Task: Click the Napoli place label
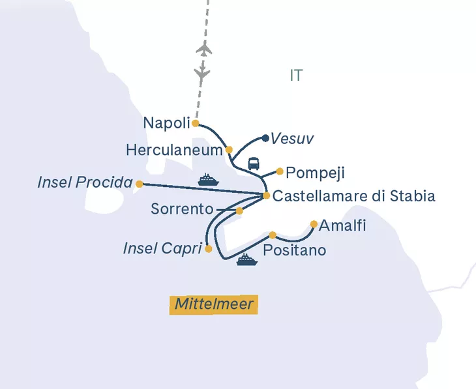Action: point(166,123)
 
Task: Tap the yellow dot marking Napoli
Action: point(195,123)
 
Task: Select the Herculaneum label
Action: point(174,150)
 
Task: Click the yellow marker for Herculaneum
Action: point(229,150)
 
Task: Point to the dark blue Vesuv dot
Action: point(265,138)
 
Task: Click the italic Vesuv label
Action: point(292,139)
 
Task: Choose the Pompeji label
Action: point(315,173)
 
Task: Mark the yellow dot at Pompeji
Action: point(280,172)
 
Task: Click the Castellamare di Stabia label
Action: point(353,196)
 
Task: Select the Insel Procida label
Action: point(85,183)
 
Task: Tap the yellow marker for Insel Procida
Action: point(139,184)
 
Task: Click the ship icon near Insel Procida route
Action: point(207,180)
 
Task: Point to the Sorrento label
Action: point(182,209)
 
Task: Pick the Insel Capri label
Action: point(162,248)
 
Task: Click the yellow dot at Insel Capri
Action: point(208,248)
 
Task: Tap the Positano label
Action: point(294,250)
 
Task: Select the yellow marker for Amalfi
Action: point(314,224)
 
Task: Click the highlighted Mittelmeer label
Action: point(214,304)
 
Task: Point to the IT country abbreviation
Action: point(296,76)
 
